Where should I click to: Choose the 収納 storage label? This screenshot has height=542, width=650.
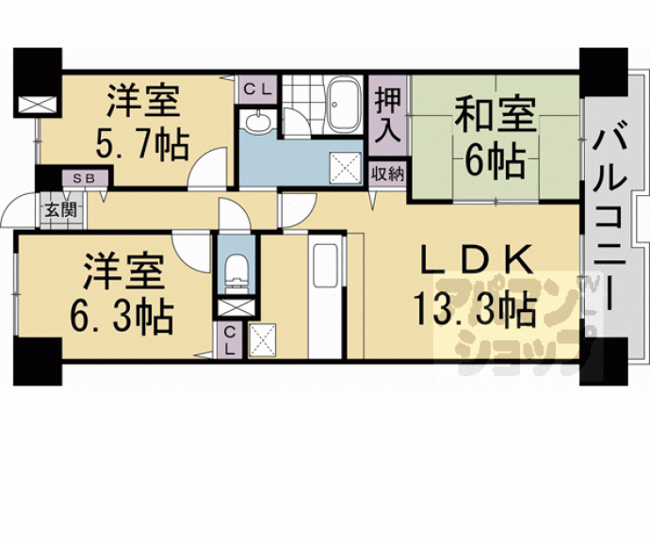(387, 173)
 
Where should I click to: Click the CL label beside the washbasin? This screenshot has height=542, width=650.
(257, 90)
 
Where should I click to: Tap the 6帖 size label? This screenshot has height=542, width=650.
(494, 162)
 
